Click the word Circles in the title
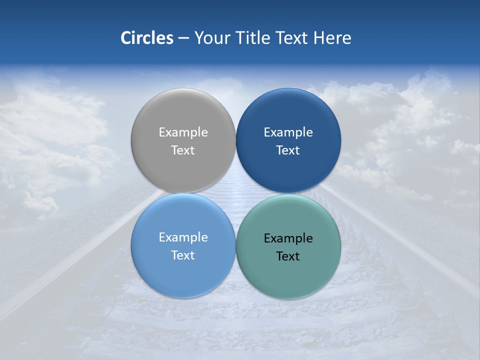(146, 38)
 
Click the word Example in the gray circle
(183, 132)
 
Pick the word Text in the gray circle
(183, 150)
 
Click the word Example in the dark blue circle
(288, 132)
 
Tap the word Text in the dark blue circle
(288, 150)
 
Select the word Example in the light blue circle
(183, 237)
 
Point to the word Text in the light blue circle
(183, 255)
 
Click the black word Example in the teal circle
(288, 238)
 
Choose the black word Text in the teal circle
(288, 256)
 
